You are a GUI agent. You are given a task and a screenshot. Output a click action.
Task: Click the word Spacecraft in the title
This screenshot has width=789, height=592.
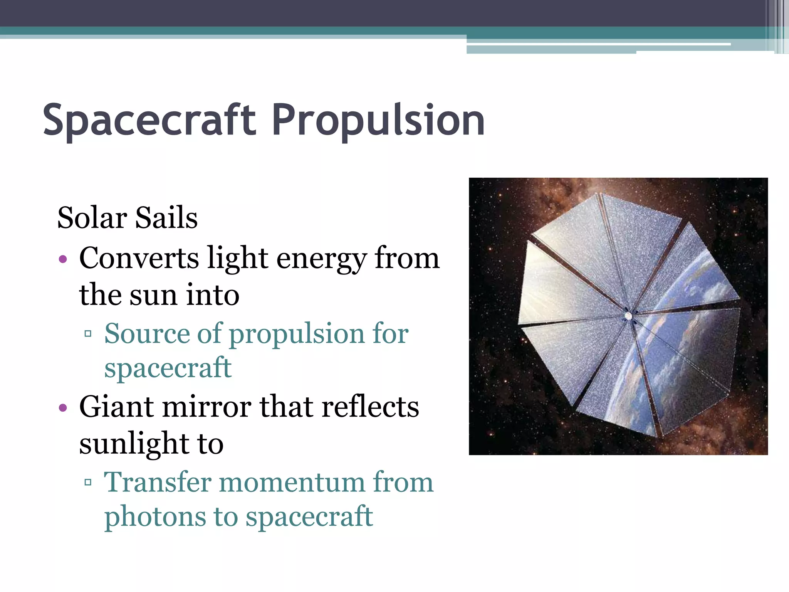click(149, 120)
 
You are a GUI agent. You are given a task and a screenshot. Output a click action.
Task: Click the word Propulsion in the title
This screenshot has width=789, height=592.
click(378, 120)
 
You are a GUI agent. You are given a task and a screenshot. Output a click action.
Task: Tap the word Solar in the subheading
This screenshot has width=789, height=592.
click(92, 218)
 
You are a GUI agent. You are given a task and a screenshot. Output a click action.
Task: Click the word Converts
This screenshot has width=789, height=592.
click(139, 258)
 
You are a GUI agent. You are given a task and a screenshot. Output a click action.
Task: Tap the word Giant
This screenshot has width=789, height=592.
click(116, 407)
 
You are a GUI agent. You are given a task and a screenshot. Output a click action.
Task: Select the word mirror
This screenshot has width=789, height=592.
click(206, 407)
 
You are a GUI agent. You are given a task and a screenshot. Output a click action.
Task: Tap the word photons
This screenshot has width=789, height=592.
click(155, 517)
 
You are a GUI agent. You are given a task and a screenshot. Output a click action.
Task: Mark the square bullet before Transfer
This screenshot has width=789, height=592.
click(88, 482)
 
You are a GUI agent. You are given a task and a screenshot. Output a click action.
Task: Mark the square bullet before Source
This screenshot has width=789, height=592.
click(88, 333)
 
